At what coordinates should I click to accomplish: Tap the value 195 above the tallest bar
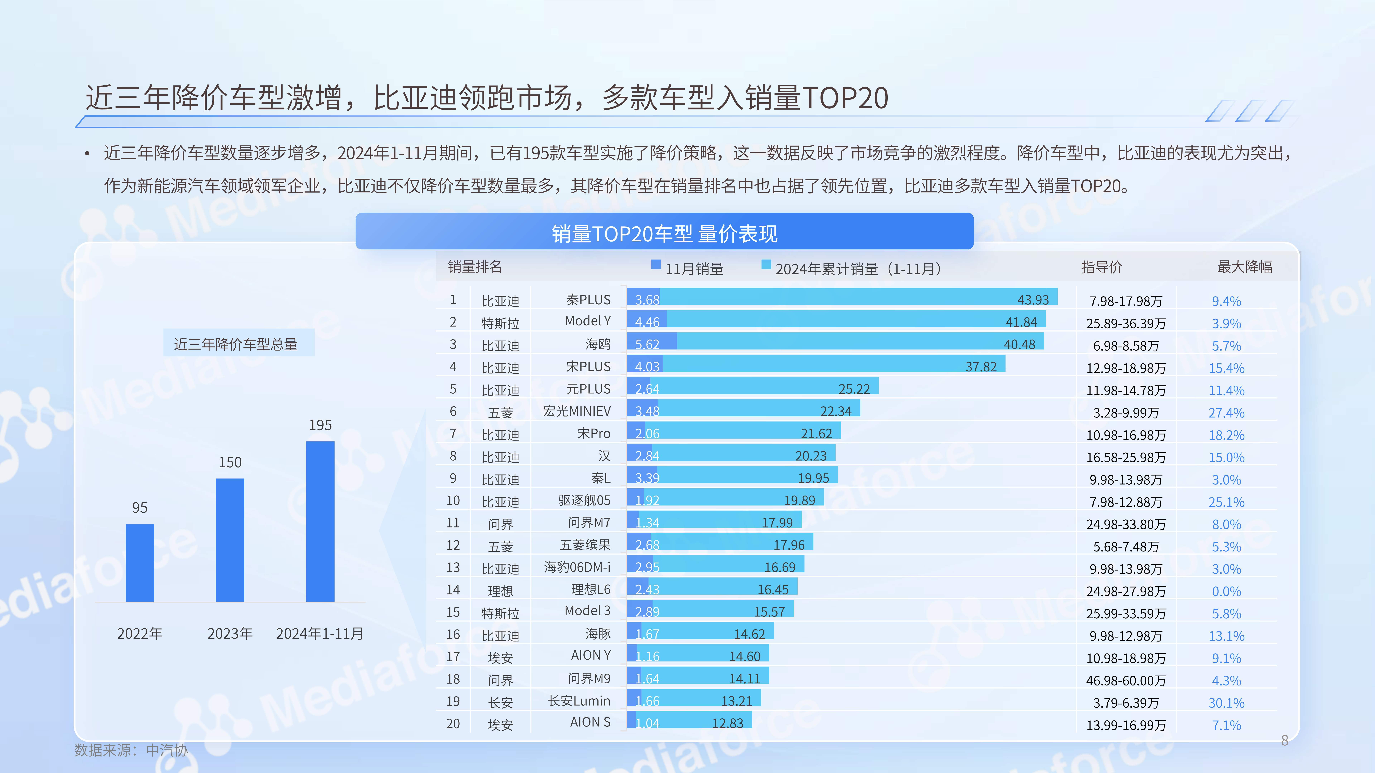320,425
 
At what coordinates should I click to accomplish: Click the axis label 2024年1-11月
320,634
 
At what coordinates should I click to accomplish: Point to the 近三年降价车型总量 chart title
236,344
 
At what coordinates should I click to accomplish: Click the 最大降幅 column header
1244,267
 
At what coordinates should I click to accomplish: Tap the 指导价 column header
1102,267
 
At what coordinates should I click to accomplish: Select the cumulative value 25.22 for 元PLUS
854,389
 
